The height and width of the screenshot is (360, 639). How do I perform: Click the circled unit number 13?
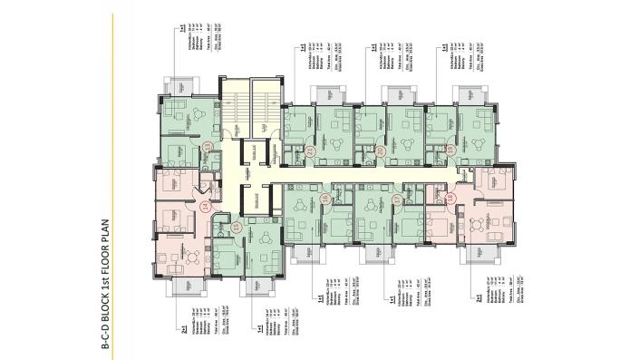(x=208, y=146)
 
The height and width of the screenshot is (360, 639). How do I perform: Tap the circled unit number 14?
(x=205, y=208)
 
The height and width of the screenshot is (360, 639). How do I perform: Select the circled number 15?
(x=236, y=228)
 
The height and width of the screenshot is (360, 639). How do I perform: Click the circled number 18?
(x=450, y=198)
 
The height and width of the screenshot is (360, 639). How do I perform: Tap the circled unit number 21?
(x=311, y=152)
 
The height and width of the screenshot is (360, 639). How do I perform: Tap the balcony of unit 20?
(x=396, y=94)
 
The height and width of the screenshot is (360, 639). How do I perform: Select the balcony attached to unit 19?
(x=469, y=94)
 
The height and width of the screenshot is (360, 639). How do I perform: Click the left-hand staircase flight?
(x=235, y=106)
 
